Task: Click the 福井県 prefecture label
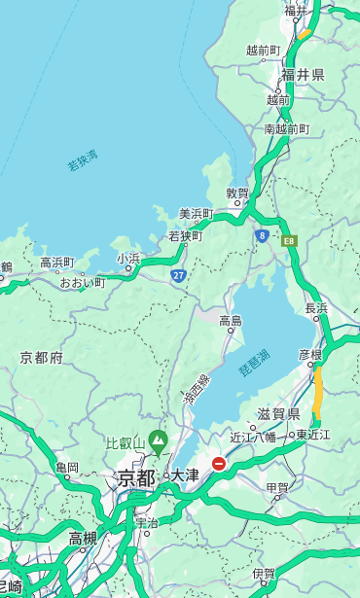303,75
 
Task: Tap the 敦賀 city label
238,193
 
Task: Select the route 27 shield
178,275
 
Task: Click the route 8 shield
262,234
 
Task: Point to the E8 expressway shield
289,239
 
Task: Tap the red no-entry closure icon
219,464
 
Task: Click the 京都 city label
136,477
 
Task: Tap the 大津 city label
185,475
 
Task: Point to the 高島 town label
231,321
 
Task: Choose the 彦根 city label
310,356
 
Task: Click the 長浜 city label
317,308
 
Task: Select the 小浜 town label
128,259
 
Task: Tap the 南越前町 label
286,128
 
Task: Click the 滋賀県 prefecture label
278,414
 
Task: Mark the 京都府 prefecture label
42,358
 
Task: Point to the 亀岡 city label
67,468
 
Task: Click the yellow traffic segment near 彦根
318,394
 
